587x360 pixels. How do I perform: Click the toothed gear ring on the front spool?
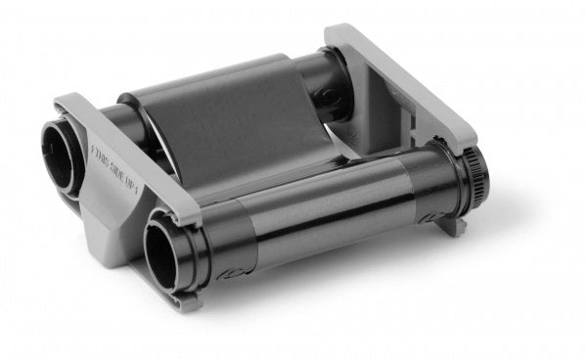coord(474,182)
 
